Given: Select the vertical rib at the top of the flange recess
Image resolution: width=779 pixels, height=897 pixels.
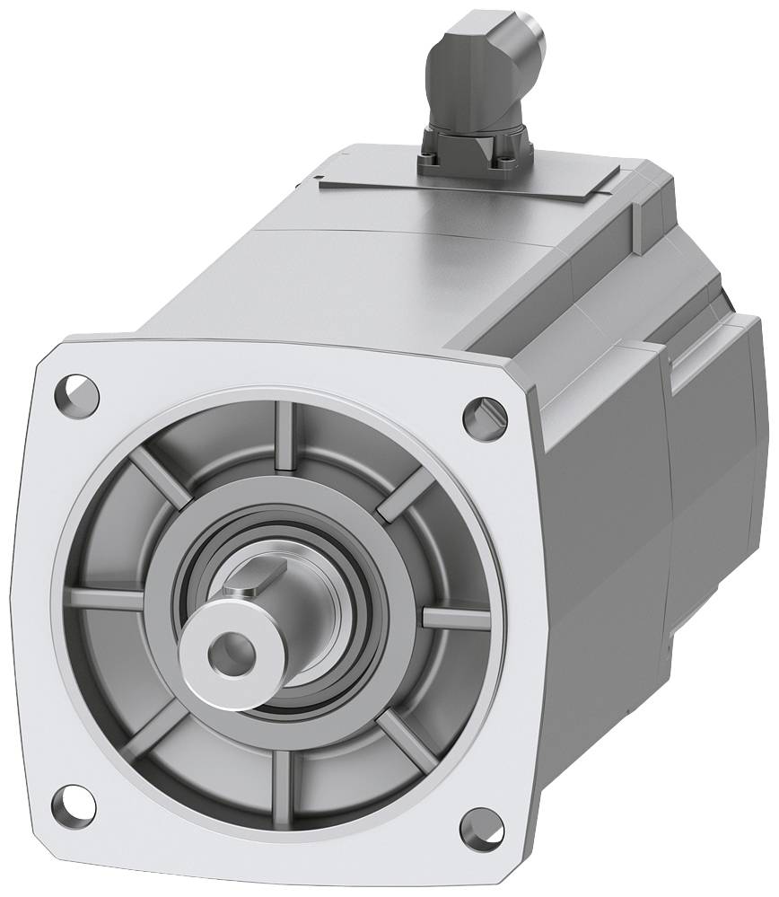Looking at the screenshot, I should [x=285, y=435].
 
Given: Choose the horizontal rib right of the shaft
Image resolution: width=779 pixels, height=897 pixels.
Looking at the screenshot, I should [x=454, y=618].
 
